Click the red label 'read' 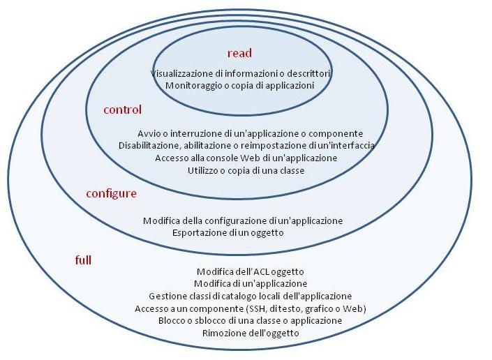coord(239,53)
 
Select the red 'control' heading coord(122,110)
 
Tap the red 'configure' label coord(111,193)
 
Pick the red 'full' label coord(83,260)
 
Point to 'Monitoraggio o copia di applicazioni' coord(239,85)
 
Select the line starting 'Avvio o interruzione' coord(251,133)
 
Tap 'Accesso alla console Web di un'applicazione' coord(246,158)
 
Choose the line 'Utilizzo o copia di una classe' coord(246,170)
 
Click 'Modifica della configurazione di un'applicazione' coord(243,220)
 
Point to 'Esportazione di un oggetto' coord(228,233)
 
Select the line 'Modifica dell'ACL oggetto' coord(250,271)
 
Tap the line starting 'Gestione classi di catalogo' coord(251,296)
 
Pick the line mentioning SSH coord(251,308)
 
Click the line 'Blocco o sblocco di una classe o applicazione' coord(251,320)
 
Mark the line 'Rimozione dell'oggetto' coord(251,333)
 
